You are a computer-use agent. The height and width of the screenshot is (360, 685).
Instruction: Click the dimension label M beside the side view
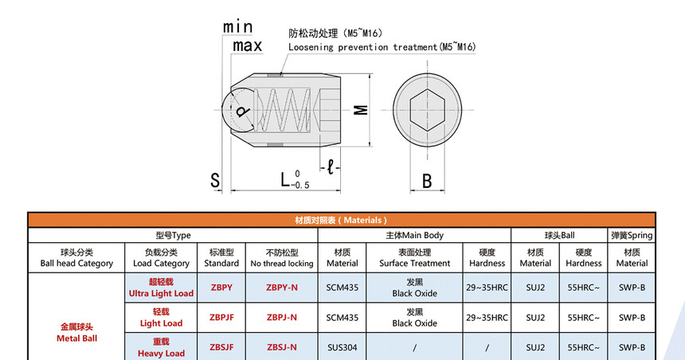[361, 110]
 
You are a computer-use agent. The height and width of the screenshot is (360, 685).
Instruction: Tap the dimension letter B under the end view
[427, 181]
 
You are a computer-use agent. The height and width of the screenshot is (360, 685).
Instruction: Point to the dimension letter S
[215, 181]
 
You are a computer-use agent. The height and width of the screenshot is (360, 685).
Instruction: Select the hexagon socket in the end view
[427, 110]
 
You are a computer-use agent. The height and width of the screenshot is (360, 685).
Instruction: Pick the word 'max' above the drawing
[247, 45]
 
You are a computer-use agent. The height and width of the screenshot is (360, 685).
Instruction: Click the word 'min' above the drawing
[237, 26]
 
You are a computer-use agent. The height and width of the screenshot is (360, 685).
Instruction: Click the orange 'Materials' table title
[341, 220]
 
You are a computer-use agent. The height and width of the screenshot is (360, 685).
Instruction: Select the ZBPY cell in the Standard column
[221, 288]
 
